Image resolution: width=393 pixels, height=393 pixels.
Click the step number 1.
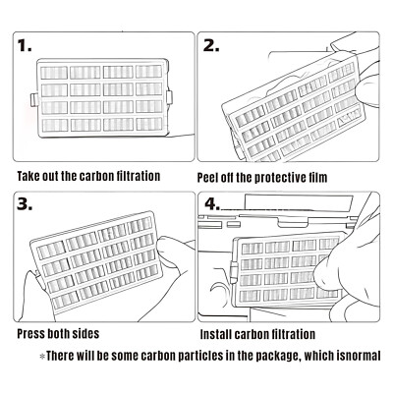point(25,45)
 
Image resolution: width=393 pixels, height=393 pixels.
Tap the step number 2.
point(211,46)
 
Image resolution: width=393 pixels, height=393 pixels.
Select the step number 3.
point(25,204)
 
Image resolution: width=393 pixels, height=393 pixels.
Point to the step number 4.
point(212,204)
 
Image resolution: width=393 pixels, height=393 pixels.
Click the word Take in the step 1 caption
point(28,176)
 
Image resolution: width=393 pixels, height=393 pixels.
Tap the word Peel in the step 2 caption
point(207,178)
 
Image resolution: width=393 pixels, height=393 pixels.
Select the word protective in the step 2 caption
point(278,178)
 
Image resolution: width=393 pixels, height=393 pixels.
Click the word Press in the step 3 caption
point(30,334)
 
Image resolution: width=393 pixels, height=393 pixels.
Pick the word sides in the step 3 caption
point(86,334)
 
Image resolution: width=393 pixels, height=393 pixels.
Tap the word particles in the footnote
point(200,356)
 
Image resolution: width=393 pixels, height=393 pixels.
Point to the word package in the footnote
point(278,356)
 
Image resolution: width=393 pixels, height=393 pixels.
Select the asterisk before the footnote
point(42,356)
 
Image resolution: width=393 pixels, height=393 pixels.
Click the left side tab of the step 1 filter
point(34,100)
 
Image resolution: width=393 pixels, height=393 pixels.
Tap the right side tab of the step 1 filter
point(169,97)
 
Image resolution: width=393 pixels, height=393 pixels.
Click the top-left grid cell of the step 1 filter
point(54,73)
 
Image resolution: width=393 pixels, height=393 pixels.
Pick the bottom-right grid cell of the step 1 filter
point(149,124)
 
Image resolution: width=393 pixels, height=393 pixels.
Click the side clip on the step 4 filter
point(234,272)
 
